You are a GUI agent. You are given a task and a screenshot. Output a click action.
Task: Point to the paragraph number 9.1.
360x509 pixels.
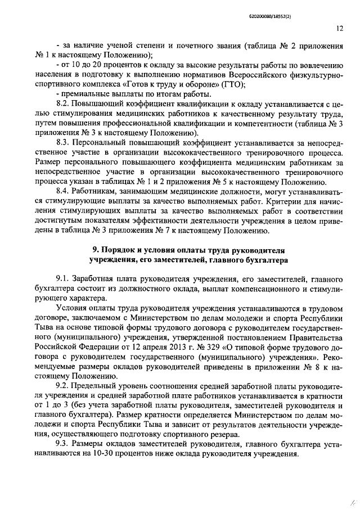pos(62,279)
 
